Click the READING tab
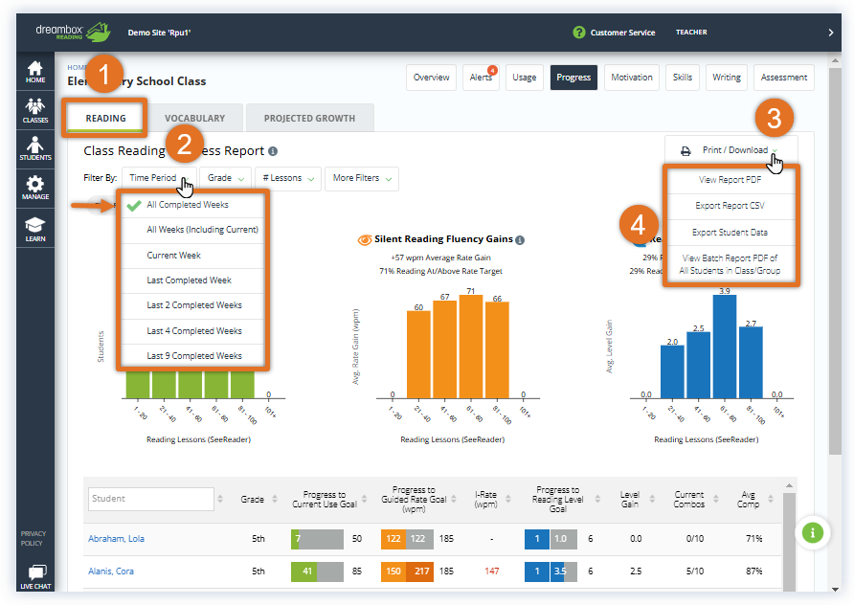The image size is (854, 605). [105, 119]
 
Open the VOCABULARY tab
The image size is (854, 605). [194, 119]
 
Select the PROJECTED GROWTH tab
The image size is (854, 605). [309, 119]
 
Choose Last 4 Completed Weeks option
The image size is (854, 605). [194, 331]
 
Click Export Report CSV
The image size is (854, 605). [730, 206]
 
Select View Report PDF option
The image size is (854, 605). [730, 180]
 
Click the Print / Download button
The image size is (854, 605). [730, 150]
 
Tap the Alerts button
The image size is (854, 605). [481, 78]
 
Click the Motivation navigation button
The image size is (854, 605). [632, 78]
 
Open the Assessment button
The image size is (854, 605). [785, 78]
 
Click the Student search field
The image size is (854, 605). [150, 499]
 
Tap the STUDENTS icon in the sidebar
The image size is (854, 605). [35, 148]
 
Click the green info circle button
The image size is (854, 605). [812, 532]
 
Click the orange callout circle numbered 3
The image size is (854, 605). [775, 118]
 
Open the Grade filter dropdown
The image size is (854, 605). [226, 178]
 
